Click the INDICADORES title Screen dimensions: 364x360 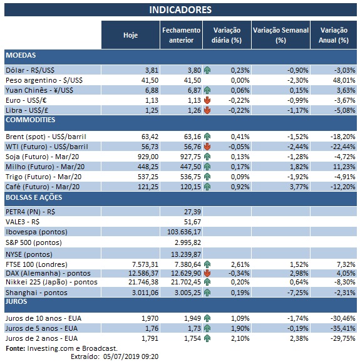(x=180, y=10)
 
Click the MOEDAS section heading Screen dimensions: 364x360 (x=21, y=55)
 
